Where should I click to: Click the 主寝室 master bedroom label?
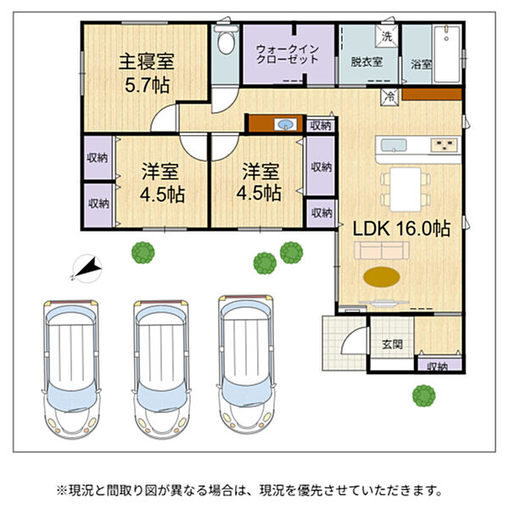click(147, 61)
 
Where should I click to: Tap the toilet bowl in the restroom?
click(226, 41)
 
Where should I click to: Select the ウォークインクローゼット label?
click(288, 54)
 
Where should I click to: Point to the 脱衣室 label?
click(366, 61)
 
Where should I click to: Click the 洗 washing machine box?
click(387, 36)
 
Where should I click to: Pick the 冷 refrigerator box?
click(390, 97)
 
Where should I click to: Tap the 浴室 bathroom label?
click(421, 64)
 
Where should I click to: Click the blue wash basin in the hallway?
click(285, 124)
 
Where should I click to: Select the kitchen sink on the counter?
click(394, 145)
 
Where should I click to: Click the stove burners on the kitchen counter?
click(444, 144)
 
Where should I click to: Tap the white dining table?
click(406, 189)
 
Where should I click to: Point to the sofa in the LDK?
click(382, 250)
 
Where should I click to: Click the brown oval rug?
click(382, 277)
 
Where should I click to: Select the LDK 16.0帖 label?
click(401, 229)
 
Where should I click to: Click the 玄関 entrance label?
click(392, 344)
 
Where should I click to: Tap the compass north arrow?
click(87, 267)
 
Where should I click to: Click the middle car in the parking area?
click(161, 369)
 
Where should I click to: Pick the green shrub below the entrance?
click(424, 395)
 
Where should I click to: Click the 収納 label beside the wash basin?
click(321, 126)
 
